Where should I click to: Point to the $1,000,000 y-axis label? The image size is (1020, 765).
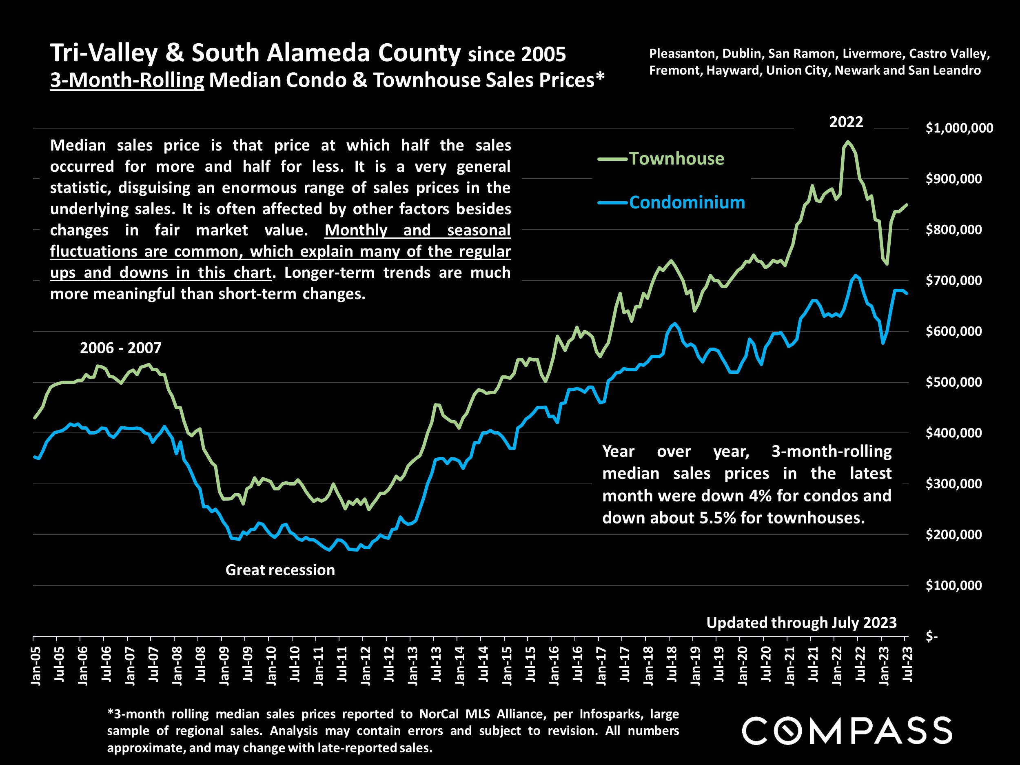click(x=959, y=128)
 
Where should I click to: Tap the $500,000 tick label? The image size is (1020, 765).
click(x=953, y=382)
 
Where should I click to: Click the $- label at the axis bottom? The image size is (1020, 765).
click(x=932, y=636)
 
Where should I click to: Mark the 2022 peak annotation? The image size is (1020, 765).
click(x=846, y=122)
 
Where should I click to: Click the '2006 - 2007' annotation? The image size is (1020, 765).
click(x=121, y=348)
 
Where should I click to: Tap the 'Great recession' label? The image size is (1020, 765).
click(x=280, y=570)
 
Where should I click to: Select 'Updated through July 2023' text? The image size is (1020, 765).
click(x=801, y=623)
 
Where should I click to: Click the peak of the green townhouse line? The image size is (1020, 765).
click(x=847, y=142)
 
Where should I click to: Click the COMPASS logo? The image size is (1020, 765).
click(x=847, y=731)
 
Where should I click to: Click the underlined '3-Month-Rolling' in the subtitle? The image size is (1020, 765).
click(x=127, y=80)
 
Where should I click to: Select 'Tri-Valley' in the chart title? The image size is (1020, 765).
click(x=104, y=53)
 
